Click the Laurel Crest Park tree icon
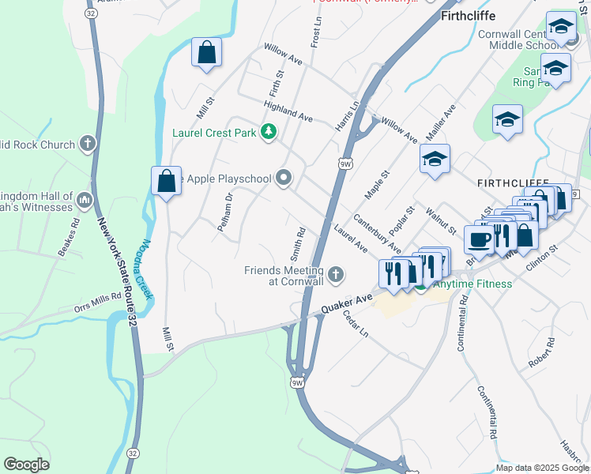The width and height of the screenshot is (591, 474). pos(269,132)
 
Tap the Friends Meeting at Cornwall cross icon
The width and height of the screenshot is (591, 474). pos(336,275)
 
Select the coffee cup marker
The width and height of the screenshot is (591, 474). pos(479,239)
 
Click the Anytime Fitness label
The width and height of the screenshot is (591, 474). pos(470,284)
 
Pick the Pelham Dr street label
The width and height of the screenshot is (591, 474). pos(225,212)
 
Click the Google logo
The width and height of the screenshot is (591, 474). pos(26,465)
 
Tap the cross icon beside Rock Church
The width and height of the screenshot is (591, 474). pos(87,145)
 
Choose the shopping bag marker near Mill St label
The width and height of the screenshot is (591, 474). pos(207,54)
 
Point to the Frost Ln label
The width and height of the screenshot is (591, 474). pos(316,29)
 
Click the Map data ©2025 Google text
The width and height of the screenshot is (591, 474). pos(541,468)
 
